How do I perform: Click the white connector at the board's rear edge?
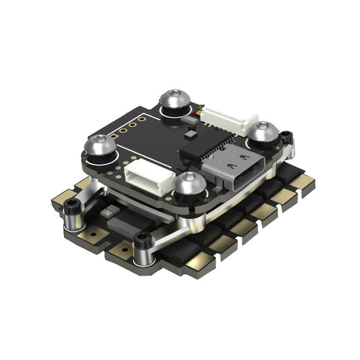221,118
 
